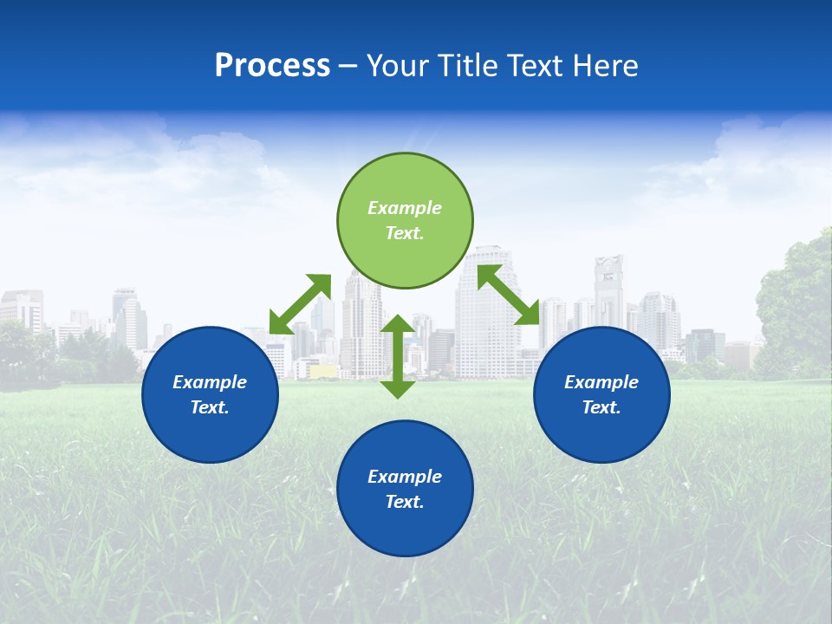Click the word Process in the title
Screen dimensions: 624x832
click(x=272, y=66)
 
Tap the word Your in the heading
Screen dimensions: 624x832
click(x=396, y=66)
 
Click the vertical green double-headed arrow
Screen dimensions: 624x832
click(x=398, y=357)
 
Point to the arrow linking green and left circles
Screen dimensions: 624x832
click(x=300, y=304)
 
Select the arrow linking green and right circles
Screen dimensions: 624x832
click(x=508, y=295)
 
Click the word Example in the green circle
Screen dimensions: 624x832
click(x=405, y=208)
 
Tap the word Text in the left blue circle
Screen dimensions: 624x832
click(x=210, y=407)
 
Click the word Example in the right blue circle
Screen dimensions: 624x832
click(x=601, y=382)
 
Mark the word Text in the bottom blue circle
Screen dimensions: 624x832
click(x=405, y=502)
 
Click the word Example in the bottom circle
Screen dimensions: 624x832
click(x=405, y=477)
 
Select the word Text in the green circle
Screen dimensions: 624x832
click(x=405, y=233)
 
